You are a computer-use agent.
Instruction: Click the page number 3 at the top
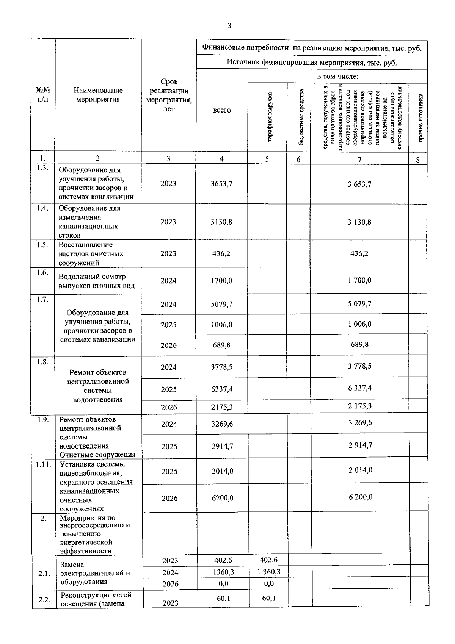coord(229,26)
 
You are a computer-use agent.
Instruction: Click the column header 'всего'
coord(222,110)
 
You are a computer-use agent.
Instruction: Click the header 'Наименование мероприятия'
coord(98,95)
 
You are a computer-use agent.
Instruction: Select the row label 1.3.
coord(43,168)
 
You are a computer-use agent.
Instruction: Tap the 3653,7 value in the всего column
coord(221,184)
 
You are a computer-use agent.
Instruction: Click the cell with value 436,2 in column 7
coord(359,253)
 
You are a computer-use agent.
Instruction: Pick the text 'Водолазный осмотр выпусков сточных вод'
coord(97,281)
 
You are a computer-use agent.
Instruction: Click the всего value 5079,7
coord(221,304)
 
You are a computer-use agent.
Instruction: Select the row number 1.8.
coord(43,362)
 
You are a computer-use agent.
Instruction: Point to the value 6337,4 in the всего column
coord(222,389)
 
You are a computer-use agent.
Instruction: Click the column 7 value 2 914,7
coord(360,445)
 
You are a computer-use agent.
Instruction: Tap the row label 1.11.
coord(43,464)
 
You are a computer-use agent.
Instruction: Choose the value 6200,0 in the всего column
coord(222,498)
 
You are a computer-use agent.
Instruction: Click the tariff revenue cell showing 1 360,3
coord(268,572)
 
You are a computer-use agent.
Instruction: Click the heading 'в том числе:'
coord(338,77)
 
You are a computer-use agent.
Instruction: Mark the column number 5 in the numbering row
coord(267,159)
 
